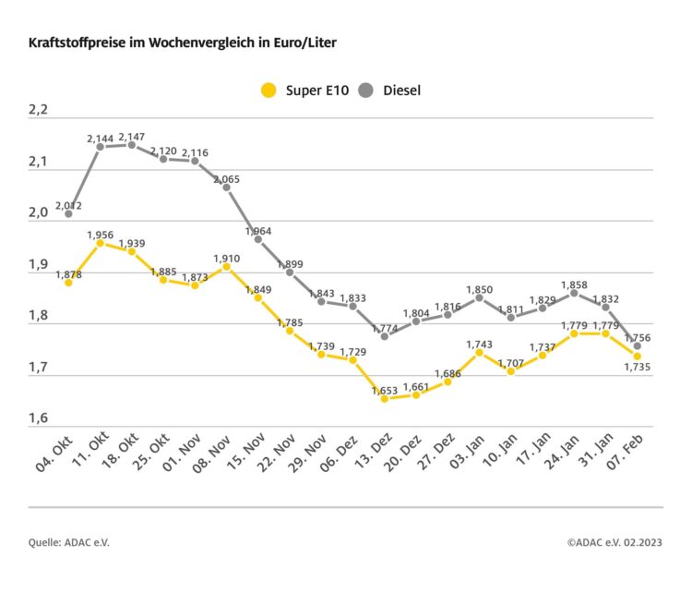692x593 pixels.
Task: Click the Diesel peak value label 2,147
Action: tap(132, 135)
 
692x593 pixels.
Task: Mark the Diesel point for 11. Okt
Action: tap(100, 147)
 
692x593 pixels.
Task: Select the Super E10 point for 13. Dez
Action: tap(385, 398)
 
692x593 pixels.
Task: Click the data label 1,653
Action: tap(385, 390)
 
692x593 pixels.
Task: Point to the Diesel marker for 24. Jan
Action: tap(574, 293)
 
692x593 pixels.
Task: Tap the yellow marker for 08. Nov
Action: tap(226, 266)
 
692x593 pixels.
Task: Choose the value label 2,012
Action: tap(68, 205)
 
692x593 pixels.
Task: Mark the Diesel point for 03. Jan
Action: tap(480, 297)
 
